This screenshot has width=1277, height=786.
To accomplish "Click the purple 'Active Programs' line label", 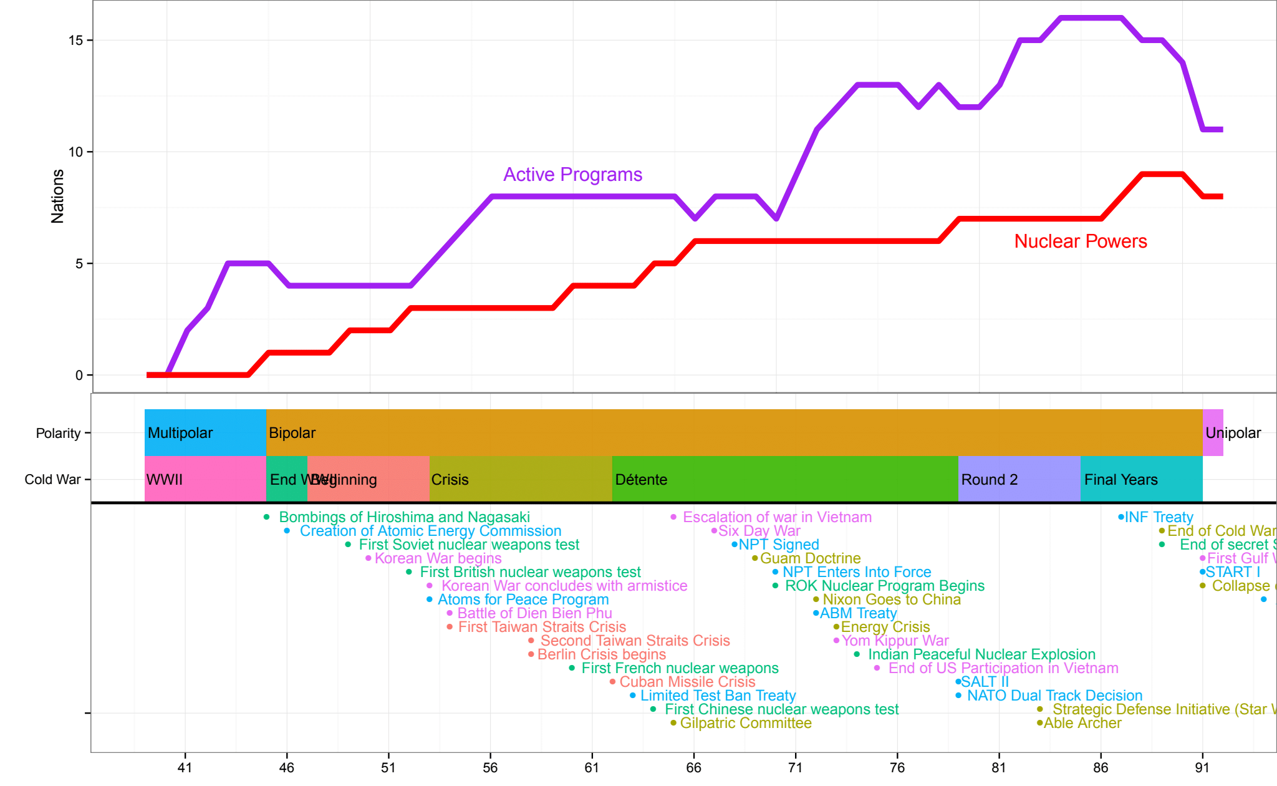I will [x=572, y=175].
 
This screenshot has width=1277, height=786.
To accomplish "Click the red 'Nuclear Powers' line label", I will [x=1080, y=241].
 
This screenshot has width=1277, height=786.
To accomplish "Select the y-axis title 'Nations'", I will [x=57, y=196].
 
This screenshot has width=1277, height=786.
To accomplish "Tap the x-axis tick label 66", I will [x=693, y=767].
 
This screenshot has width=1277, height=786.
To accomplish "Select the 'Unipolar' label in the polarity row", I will [x=1233, y=433].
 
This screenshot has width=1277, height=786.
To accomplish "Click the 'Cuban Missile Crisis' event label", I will [x=687, y=682].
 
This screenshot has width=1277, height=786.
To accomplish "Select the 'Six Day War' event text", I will [x=759, y=531].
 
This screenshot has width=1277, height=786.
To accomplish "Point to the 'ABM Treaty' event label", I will [x=858, y=613].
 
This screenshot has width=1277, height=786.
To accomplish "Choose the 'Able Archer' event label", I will [x=1082, y=723].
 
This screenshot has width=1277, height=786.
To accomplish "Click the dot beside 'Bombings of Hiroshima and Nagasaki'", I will [x=266, y=517].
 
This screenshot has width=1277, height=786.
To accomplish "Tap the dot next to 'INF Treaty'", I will [x=1120, y=517].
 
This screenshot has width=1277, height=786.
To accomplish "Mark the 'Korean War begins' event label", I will [x=438, y=558].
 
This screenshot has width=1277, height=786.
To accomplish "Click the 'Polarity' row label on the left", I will [x=58, y=433].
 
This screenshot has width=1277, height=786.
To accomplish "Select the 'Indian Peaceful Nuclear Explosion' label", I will [x=981, y=654].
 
